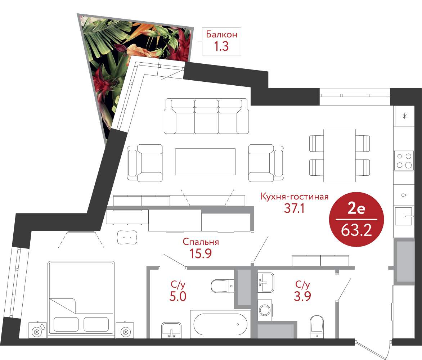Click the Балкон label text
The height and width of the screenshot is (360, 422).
[x=221, y=35]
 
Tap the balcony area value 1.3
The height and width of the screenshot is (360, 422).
[x=221, y=46]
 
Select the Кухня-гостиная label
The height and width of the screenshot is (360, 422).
[x=295, y=197]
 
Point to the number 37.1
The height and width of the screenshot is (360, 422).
[x=295, y=208]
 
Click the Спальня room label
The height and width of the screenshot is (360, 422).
[x=201, y=242]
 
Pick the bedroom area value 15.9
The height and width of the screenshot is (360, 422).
[x=201, y=253]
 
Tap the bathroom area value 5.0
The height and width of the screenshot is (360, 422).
[x=178, y=296]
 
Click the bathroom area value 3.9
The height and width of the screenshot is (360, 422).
[x=302, y=296]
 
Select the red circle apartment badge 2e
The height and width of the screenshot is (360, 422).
[x=356, y=219]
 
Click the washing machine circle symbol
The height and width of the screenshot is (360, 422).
[x=265, y=310]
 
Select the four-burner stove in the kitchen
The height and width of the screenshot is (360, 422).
[x=404, y=160]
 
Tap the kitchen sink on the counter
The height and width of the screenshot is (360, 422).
[x=404, y=216]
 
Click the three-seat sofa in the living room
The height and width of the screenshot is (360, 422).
[x=206, y=116]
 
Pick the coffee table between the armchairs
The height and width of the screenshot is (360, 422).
[x=205, y=162]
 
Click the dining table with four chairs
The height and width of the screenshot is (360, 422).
[x=340, y=156]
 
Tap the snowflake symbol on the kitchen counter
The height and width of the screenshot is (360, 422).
[x=404, y=116]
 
